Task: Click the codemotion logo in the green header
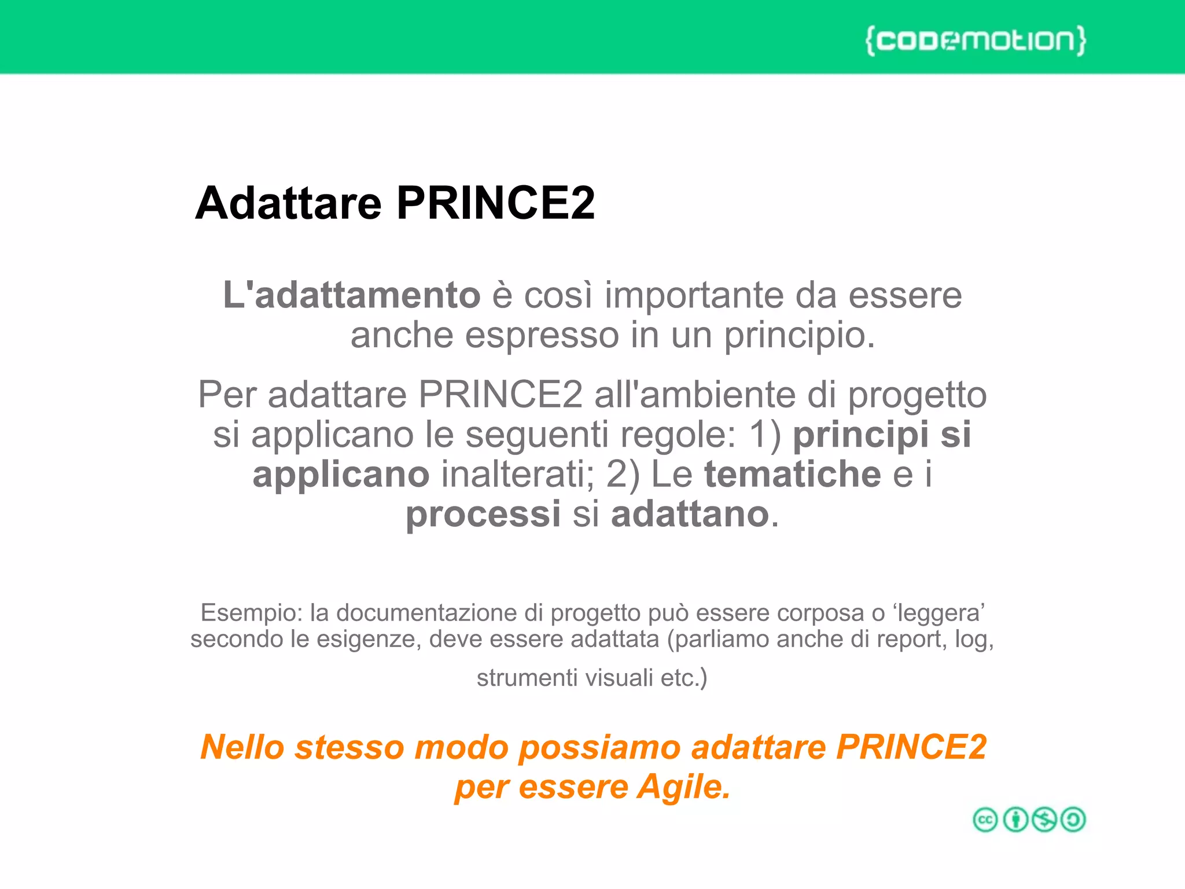coord(976,41)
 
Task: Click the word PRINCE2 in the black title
coord(495,203)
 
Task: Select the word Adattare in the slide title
coord(288,203)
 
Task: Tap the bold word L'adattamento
coord(352,295)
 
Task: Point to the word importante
coord(694,295)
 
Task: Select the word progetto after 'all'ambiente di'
coord(917,395)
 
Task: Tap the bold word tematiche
coord(792,475)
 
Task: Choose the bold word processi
coord(483,514)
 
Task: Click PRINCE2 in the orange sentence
coord(911,747)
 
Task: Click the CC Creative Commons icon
coord(985,820)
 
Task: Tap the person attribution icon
coord(1015,820)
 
